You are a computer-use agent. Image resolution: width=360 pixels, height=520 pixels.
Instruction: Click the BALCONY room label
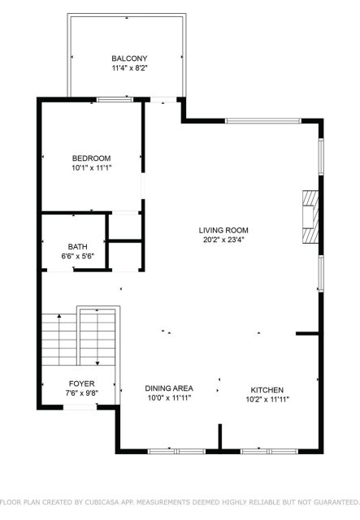(129, 58)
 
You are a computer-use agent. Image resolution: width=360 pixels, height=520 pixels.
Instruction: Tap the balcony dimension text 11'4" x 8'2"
(129, 68)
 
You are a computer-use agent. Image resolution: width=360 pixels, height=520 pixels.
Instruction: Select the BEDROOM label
(92, 158)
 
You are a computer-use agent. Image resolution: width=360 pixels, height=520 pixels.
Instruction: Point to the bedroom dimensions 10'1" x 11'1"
(92, 168)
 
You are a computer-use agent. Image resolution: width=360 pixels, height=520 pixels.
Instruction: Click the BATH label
(78, 247)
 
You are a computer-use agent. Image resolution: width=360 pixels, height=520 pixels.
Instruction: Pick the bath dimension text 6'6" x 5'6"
(78, 256)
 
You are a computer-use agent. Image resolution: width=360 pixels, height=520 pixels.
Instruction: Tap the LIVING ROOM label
(223, 230)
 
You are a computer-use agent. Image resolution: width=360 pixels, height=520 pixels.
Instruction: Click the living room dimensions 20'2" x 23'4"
(223, 240)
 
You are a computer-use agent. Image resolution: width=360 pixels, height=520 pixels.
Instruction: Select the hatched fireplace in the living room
(310, 217)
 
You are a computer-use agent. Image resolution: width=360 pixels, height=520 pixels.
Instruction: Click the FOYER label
(81, 383)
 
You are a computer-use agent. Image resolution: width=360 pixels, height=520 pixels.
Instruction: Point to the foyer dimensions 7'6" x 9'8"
(81, 393)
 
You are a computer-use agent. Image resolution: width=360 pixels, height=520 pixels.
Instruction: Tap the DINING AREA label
(169, 388)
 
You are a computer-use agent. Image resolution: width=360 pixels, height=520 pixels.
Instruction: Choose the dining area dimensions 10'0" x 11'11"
(169, 398)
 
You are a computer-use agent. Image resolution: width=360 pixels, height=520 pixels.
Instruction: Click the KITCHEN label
(267, 390)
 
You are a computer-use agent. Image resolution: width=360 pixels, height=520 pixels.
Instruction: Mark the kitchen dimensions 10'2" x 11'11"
(267, 400)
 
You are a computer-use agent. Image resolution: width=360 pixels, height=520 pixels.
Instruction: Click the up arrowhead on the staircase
(59, 316)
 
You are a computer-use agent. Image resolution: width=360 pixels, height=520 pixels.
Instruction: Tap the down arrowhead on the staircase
(98, 363)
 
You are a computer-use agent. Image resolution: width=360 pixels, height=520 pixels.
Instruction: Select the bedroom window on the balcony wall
(115, 99)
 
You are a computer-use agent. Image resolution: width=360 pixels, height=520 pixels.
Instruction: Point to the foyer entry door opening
(80, 407)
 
